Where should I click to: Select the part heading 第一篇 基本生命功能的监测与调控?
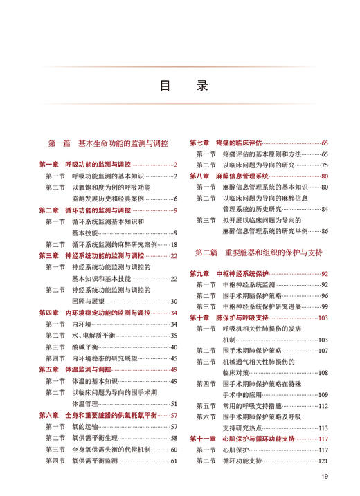click(x=108, y=144)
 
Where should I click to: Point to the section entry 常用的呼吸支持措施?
click(x=252, y=406)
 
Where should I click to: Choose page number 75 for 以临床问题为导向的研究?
click(x=324, y=165)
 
